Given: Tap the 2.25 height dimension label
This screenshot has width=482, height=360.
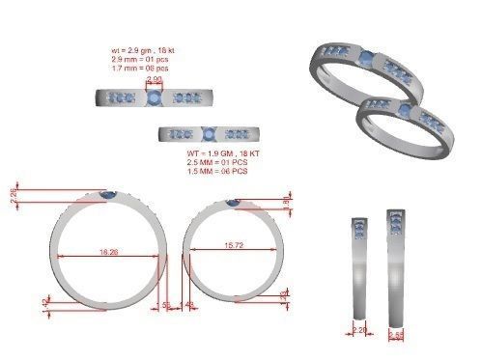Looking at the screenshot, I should (x=14, y=194).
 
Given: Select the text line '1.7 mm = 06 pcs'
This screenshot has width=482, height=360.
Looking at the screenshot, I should (x=141, y=68).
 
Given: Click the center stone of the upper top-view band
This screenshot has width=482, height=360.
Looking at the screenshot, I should (x=154, y=97).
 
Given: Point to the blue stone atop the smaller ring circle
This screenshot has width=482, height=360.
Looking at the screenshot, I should (x=233, y=202).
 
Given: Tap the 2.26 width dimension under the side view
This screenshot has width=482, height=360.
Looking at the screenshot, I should (x=359, y=329).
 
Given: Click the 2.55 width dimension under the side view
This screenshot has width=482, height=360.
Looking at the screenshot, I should (x=396, y=335).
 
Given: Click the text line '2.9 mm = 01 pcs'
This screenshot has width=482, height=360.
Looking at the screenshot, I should (x=141, y=58).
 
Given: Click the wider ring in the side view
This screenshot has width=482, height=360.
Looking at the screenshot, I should (x=395, y=264).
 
